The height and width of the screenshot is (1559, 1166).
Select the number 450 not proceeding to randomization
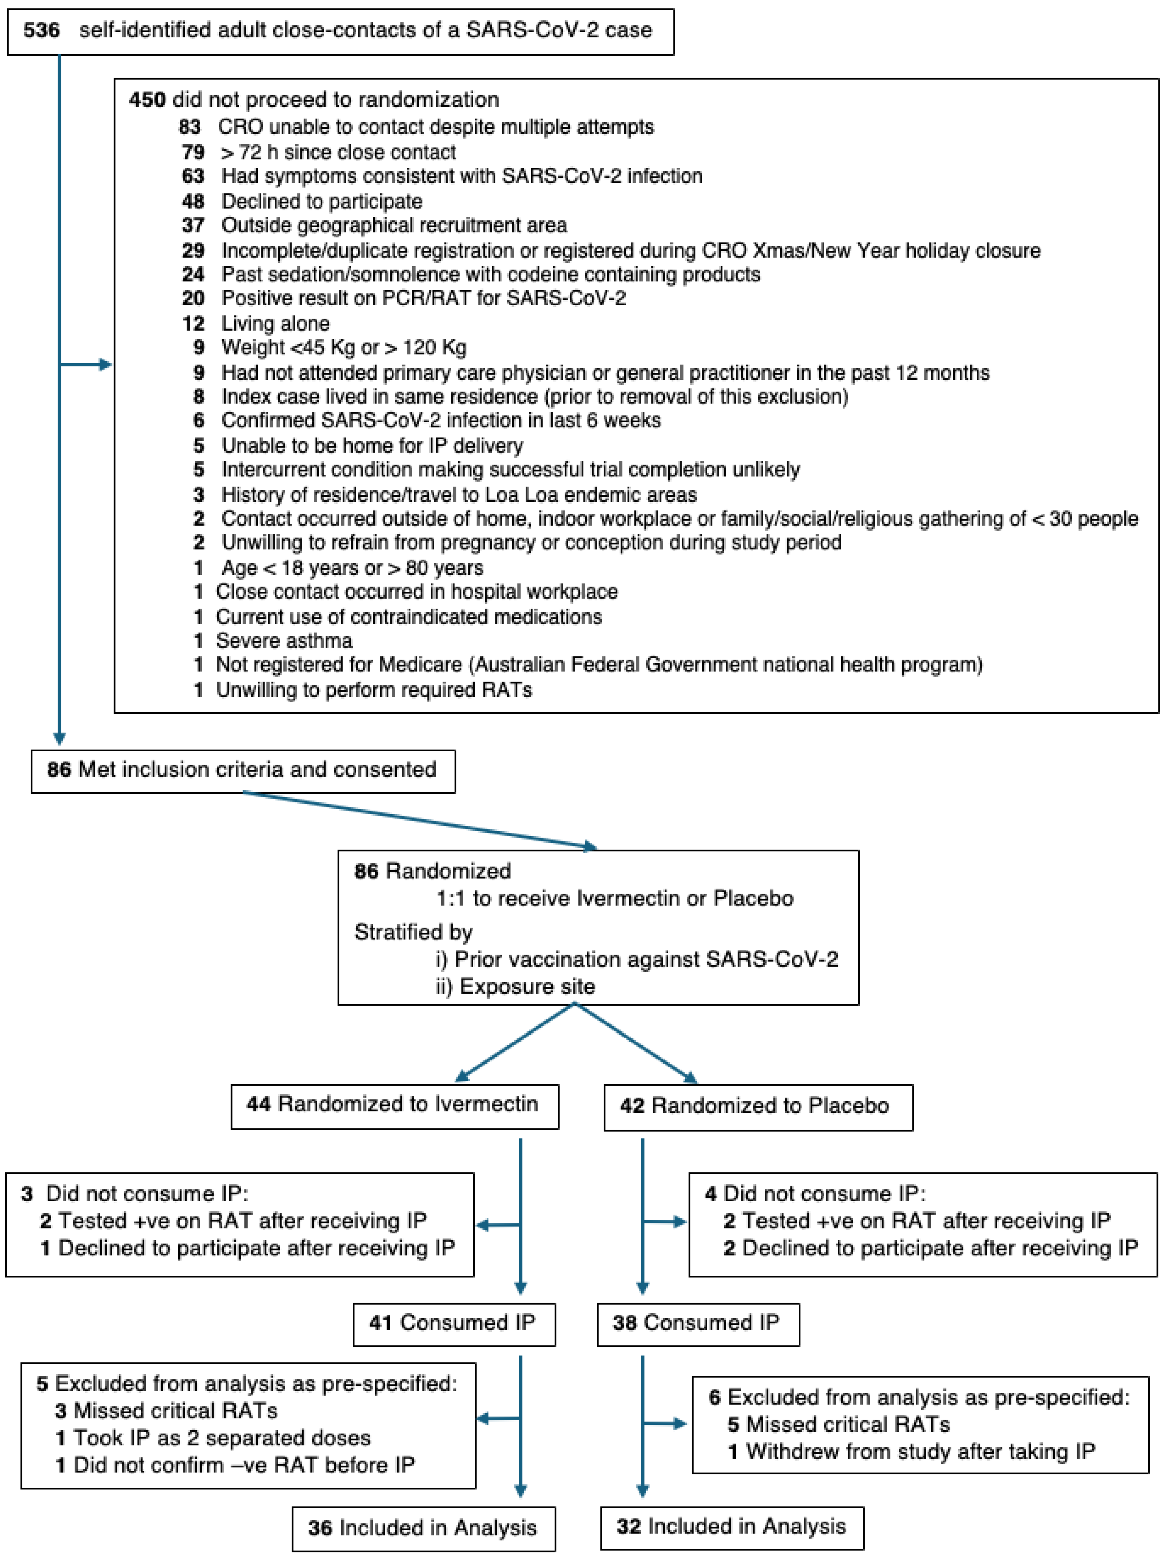click(147, 99)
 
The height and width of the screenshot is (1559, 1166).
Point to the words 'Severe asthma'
click(284, 641)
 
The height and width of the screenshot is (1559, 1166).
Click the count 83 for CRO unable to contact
click(190, 127)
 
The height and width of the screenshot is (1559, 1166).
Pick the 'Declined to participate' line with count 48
click(322, 201)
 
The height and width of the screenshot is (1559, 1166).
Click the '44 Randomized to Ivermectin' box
click(394, 1105)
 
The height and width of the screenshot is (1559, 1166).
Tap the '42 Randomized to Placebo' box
click(758, 1106)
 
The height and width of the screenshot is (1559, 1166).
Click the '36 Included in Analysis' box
click(423, 1528)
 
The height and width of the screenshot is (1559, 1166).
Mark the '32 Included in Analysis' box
click(731, 1526)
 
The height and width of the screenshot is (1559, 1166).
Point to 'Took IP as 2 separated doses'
click(222, 1438)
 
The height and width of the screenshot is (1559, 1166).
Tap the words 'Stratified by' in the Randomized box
click(413, 932)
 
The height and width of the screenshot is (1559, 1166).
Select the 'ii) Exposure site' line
click(515, 987)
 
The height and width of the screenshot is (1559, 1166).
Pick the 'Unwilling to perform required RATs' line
click(373, 690)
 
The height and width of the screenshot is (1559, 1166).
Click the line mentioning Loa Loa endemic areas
click(459, 495)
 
